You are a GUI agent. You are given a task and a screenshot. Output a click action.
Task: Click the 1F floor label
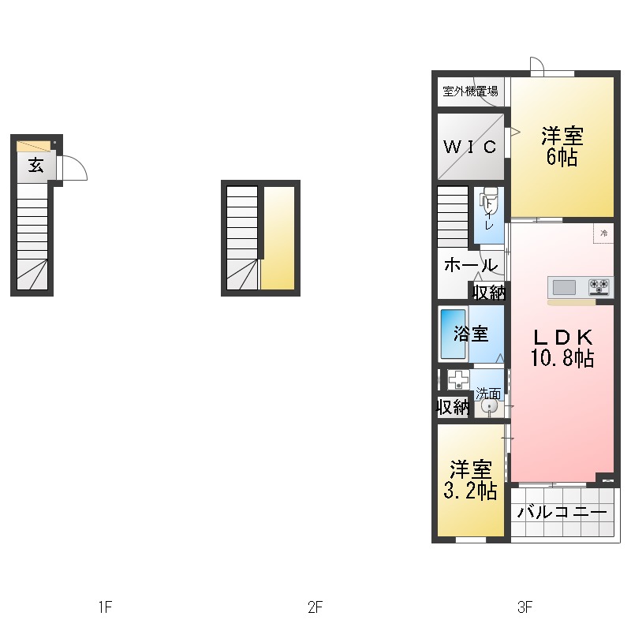point(105,607)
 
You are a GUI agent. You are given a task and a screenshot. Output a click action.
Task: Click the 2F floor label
point(315,607)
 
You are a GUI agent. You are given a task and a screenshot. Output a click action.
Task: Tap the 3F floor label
point(525,607)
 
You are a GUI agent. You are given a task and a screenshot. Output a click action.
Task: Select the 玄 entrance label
point(35,166)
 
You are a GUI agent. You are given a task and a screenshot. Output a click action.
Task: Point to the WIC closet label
point(469,147)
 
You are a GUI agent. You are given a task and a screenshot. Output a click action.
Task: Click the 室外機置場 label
point(470,91)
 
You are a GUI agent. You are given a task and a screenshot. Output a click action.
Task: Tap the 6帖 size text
point(562,157)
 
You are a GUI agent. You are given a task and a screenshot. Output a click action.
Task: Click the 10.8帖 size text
point(562,359)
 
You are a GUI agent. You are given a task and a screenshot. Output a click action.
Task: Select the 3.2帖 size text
point(470,491)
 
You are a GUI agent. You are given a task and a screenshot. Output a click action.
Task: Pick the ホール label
point(471,265)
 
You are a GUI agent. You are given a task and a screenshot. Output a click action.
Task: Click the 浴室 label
point(470,334)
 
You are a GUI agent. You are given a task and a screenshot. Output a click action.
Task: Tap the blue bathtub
point(452,334)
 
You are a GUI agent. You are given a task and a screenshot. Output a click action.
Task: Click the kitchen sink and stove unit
point(580,286)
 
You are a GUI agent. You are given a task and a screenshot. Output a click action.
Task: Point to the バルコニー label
point(562,513)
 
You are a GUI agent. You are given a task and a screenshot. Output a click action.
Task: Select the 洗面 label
point(487,393)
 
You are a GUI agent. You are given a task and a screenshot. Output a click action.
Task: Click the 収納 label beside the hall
point(489,292)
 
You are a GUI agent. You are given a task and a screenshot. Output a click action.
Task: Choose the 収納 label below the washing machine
point(454,407)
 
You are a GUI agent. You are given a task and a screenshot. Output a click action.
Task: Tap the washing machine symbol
point(458,379)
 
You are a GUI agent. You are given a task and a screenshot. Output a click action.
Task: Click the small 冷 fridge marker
point(603,233)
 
